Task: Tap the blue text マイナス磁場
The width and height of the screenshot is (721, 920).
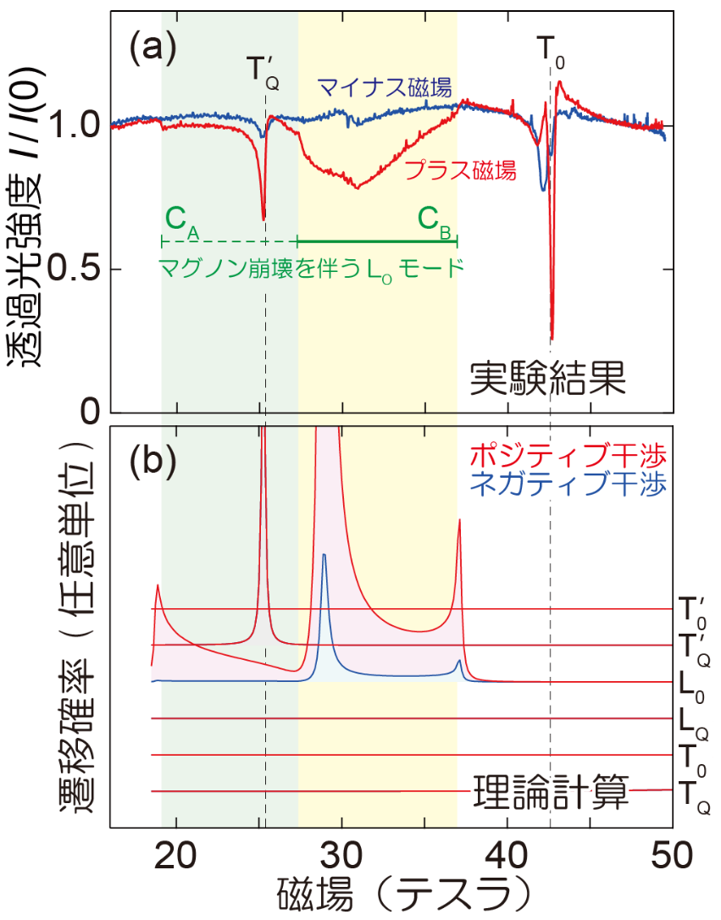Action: (383, 86)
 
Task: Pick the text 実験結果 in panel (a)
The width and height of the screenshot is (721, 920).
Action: (548, 379)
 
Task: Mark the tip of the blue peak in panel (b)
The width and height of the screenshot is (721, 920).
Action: (324, 555)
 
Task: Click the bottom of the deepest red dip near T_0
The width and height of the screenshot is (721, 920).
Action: (552, 340)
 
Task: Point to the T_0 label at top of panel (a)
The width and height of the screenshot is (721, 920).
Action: (550, 51)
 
